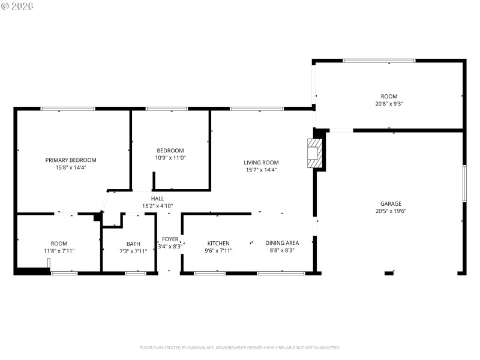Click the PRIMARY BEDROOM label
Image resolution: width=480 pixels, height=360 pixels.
tap(71, 160)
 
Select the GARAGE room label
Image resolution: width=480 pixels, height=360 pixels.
tap(390, 203)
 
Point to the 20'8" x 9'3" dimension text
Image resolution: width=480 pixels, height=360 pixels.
tap(389, 104)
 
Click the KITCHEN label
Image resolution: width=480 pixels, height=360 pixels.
tap(218, 243)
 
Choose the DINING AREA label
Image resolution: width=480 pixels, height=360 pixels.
tap(282, 243)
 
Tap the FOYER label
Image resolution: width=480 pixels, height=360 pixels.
tap(170, 238)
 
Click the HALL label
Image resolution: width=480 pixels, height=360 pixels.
tap(157, 199)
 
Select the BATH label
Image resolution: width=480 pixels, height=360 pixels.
tap(133, 244)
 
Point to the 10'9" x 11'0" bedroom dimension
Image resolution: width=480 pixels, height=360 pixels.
tap(170, 158)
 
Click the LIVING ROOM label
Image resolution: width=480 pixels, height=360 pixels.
tap(261, 162)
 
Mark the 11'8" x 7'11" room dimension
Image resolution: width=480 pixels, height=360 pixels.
tap(59, 250)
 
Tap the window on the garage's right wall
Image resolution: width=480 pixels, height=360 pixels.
tap(464, 183)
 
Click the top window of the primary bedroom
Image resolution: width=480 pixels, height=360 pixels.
tap(68, 109)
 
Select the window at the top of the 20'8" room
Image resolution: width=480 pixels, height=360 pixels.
tap(379, 60)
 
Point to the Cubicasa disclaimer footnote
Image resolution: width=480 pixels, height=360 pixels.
tap(240, 347)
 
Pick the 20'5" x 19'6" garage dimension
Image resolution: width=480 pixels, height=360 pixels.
tap(390, 211)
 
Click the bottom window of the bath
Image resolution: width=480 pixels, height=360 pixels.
tap(135, 274)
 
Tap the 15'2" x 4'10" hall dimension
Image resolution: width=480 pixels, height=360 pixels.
tap(157, 206)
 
